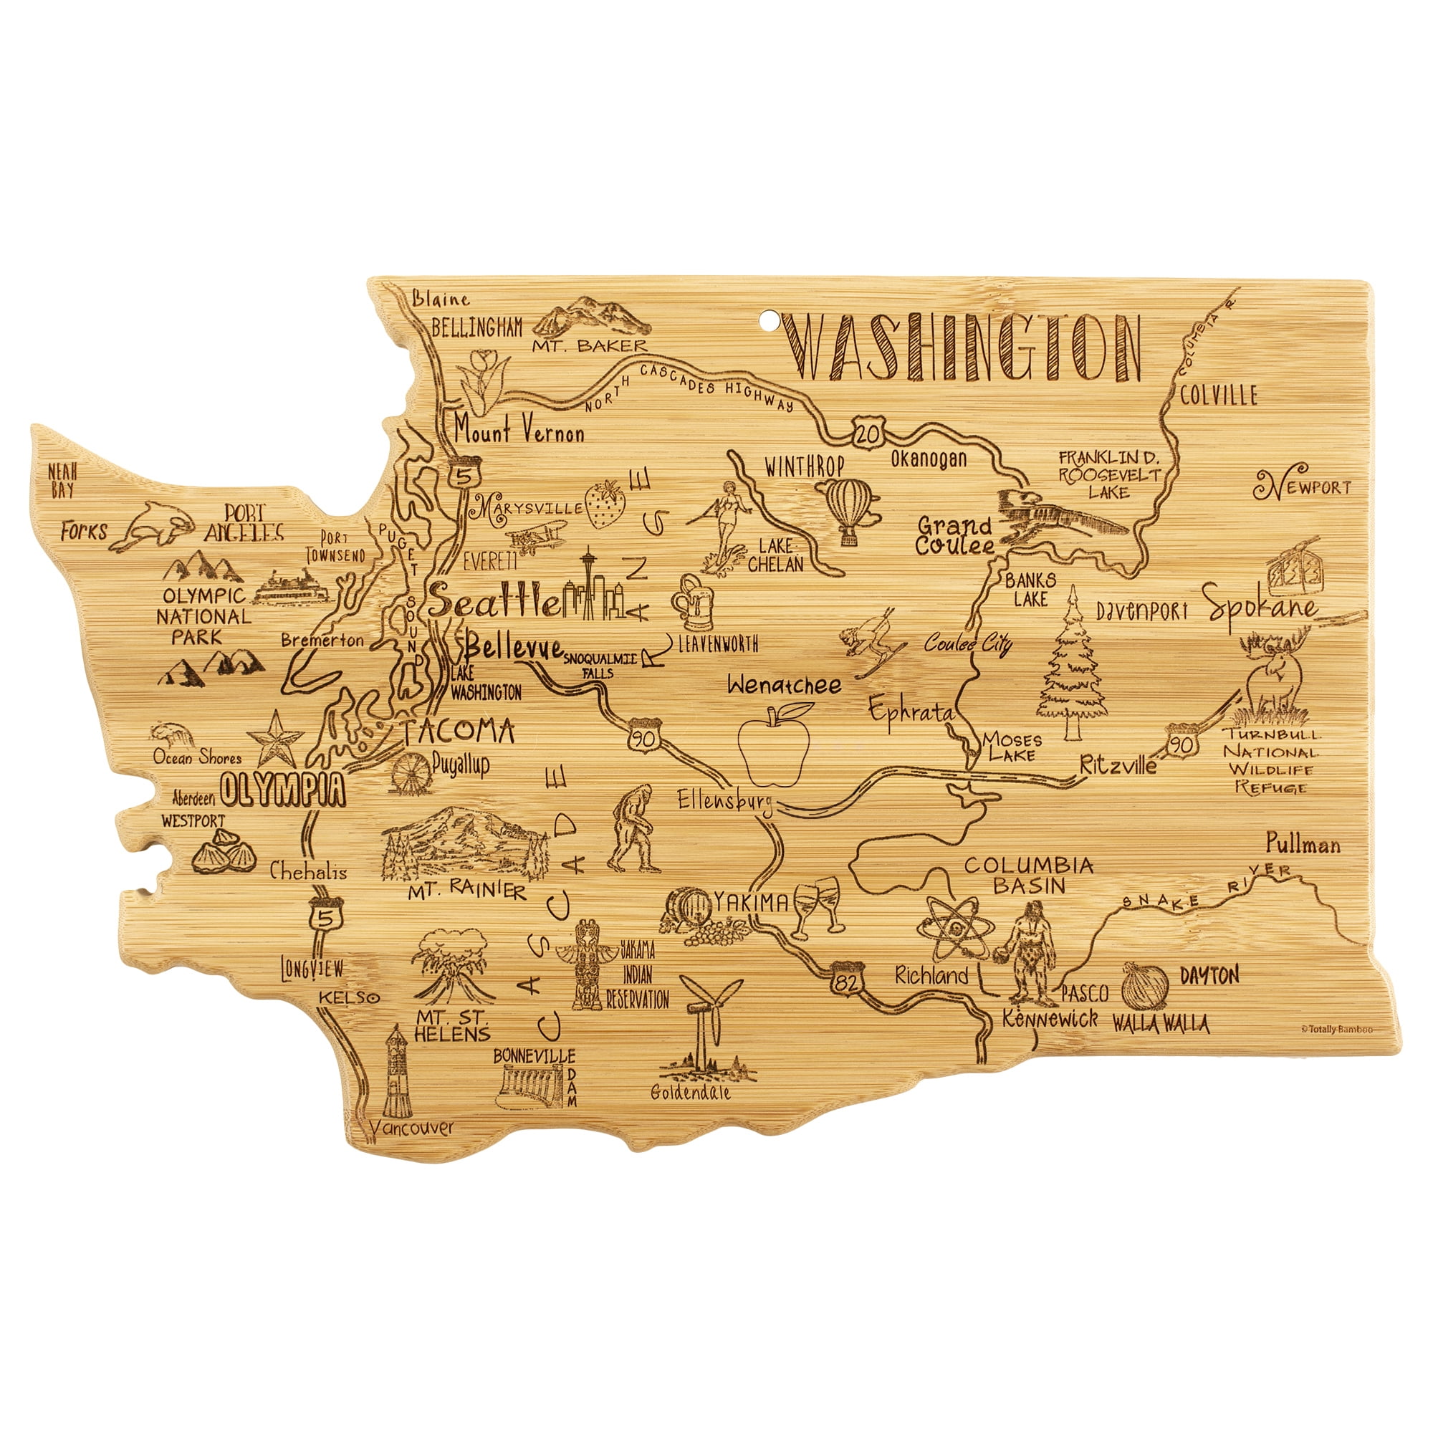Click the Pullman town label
1303,844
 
